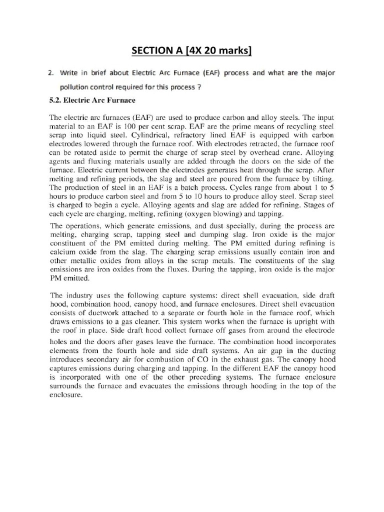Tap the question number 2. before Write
pos(51,73)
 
